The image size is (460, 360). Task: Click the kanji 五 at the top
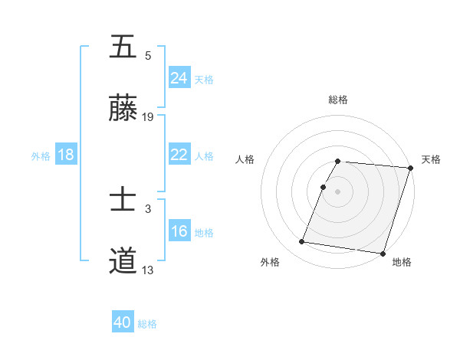123,47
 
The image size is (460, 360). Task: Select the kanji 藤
123,109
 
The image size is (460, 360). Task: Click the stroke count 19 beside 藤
148,117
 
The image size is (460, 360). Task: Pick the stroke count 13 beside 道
148,270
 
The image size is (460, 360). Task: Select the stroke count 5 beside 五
148,56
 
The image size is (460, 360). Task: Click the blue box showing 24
179,78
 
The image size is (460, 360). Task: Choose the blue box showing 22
179,155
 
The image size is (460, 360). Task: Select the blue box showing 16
179,231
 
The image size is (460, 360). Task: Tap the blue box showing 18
65,155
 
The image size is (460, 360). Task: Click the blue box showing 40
123,323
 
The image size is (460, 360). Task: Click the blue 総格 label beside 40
147,324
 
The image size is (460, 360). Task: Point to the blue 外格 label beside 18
41,155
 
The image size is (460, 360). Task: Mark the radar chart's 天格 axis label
431,159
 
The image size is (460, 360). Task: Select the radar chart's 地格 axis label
402,262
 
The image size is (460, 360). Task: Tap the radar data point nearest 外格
302,242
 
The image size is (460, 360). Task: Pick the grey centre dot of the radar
338,191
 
